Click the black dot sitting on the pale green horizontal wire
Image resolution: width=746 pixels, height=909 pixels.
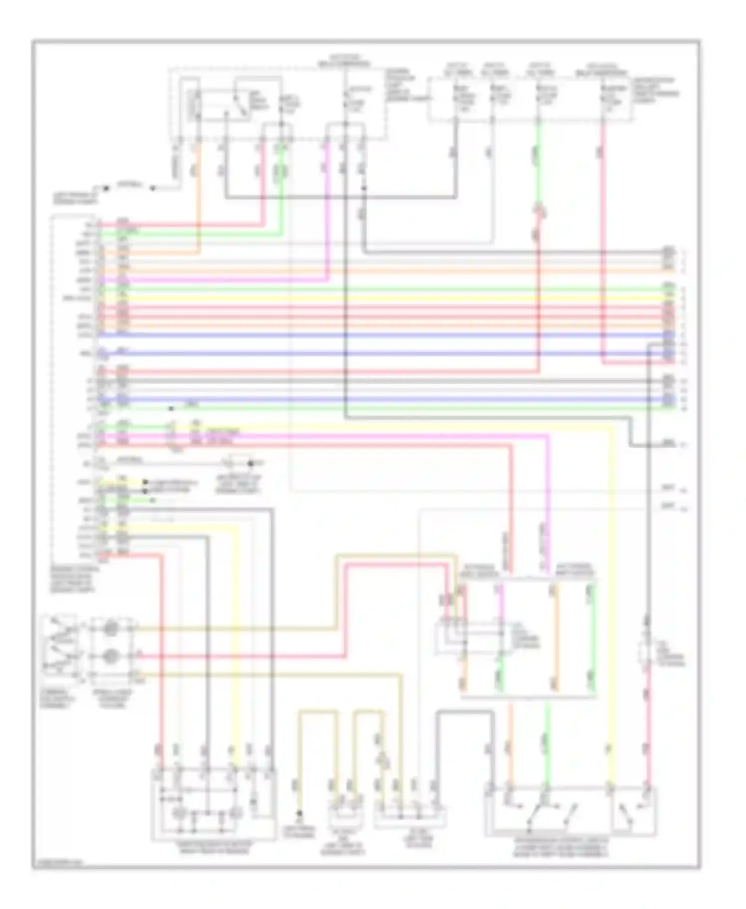[x=171, y=409]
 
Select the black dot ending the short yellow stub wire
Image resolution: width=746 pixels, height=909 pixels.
[x=145, y=482]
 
